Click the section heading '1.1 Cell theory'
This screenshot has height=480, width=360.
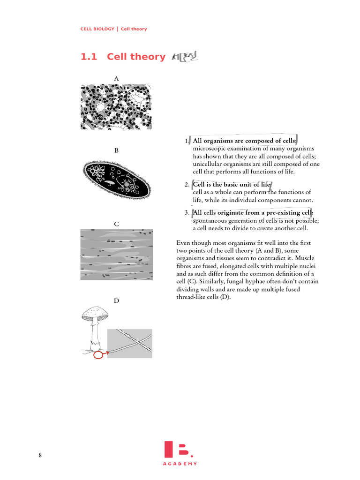tap(123, 57)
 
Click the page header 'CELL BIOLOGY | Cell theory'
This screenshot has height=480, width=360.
tap(113, 29)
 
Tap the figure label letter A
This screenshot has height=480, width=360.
tap(116, 78)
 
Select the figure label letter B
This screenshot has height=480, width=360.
tap(116, 150)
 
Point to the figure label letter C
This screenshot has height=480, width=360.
tap(116, 224)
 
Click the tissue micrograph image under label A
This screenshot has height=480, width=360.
tap(116, 107)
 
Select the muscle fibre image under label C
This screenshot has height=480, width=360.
tap(116, 255)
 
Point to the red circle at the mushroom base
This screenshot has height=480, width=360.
tap(98, 355)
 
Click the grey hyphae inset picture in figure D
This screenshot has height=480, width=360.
tap(130, 343)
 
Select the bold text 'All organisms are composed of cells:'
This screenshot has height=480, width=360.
tap(245, 141)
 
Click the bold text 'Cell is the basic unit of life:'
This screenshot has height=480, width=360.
tap(232, 185)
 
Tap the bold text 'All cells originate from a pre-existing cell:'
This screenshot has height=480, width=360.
tap(253, 213)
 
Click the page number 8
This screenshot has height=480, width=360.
tap(40, 455)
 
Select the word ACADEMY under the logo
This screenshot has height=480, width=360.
tap(180, 464)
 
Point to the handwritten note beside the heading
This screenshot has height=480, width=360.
tap(185, 58)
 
